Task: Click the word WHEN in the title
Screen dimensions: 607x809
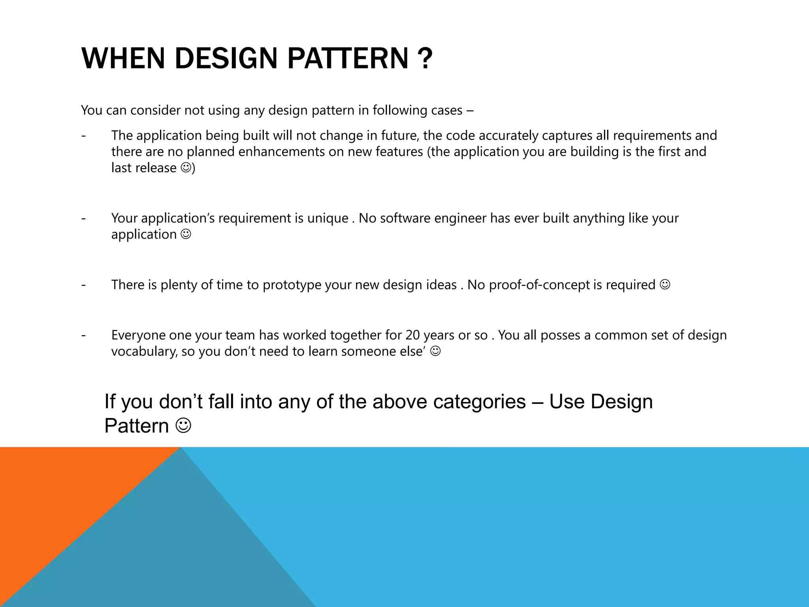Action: click(123, 58)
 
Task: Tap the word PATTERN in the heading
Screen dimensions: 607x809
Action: click(348, 58)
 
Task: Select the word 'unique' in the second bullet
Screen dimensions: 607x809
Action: click(327, 218)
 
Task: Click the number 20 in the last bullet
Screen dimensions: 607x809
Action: click(413, 335)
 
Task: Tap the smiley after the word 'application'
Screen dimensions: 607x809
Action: click(186, 234)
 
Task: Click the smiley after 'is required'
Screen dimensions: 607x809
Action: click(665, 285)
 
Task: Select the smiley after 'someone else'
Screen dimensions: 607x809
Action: click(435, 351)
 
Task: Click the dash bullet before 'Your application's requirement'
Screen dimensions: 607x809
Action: click(83, 218)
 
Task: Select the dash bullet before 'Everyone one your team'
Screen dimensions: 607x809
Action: click(83, 335)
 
